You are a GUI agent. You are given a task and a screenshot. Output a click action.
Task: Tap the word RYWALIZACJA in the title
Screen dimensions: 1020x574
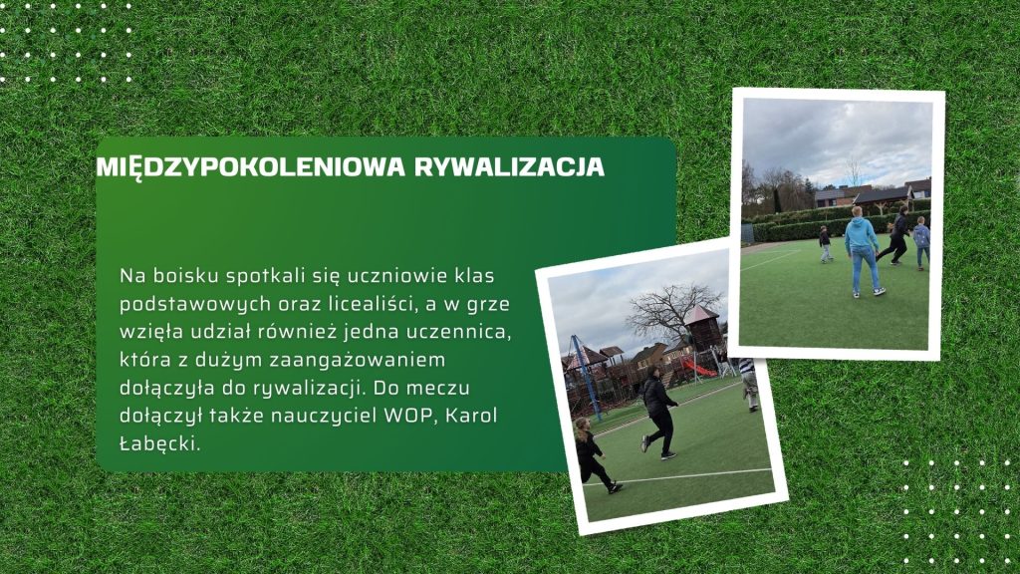pos(510,166)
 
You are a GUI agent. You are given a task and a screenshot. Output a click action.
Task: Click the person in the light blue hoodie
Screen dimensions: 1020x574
pos(863,251)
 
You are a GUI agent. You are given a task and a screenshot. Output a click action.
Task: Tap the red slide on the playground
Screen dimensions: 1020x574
pos(698,368)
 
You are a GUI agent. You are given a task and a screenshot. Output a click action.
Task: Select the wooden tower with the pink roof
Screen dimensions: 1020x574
pos(703,329)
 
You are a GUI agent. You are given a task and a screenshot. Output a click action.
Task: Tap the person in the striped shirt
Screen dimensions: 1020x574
pos(749,384)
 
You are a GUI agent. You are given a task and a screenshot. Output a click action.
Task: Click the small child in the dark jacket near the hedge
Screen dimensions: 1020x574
pos(825,244)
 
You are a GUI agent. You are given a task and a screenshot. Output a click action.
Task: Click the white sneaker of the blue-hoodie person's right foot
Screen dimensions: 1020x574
pos(879,292)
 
